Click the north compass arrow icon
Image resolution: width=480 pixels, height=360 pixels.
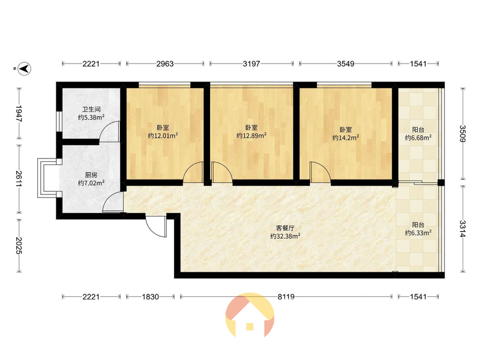coord(25,68)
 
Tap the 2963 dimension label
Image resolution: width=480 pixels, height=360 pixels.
coord(165,64)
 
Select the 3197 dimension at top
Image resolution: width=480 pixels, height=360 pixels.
coord(251,64)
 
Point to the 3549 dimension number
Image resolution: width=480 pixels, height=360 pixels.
coord(346,64)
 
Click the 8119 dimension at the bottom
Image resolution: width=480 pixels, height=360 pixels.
coord(286,296)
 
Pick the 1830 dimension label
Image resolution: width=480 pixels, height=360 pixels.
coord(151,296)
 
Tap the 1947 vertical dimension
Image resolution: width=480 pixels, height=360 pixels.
coord(19,113)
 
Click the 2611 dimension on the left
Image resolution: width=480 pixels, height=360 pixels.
coord(19,178)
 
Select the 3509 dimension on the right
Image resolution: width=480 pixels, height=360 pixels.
coord(462,134)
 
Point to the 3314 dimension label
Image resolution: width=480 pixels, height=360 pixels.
coord(462,229)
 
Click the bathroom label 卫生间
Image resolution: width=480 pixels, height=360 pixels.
coord(91,109)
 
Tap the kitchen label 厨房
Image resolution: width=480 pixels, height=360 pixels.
coord(91,175)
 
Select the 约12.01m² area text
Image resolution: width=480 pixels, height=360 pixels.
coord(163,136)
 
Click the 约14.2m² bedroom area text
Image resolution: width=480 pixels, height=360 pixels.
coord(346,138)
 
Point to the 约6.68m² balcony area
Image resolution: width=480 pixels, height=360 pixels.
coord(418,138)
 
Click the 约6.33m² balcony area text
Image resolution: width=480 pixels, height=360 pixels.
coord(418,233)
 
